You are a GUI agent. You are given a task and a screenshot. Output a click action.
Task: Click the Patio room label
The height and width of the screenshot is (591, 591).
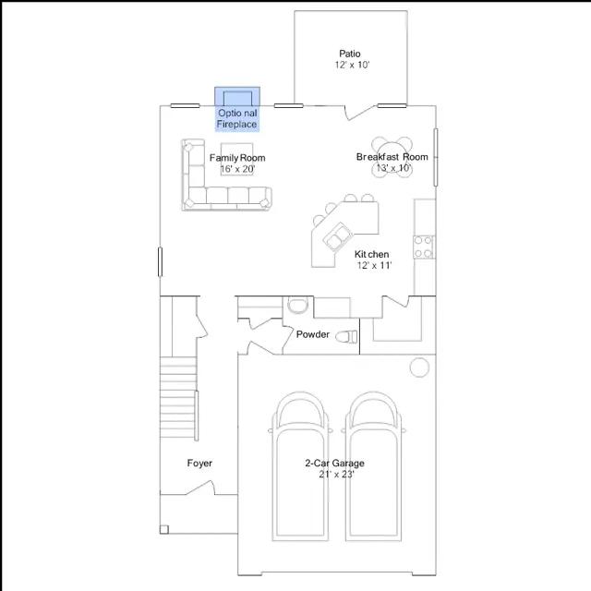click(x=350, y=54)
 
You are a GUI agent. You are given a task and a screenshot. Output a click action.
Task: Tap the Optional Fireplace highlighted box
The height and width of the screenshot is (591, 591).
click(x=237, y=109)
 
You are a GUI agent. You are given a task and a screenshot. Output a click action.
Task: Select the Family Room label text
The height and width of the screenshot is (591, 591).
click(x=237, y=158)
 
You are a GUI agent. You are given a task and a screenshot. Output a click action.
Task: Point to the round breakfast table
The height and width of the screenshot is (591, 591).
click(x=392, y=155)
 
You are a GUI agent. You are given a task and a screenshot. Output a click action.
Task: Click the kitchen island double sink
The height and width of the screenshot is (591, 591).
click(x=338, y=236)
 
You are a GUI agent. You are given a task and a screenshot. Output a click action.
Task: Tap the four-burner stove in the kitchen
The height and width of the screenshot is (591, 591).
click(x=424, y=247)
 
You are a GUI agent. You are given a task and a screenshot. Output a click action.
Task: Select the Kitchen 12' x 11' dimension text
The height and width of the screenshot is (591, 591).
click(x=374, y=265)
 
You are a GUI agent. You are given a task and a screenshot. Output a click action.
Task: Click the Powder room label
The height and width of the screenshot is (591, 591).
click(x=312, y=334)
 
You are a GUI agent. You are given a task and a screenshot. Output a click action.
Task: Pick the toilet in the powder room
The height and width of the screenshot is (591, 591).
click(x=346, y=336)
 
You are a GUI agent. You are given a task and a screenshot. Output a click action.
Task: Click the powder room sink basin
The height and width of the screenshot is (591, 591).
click(x=297, y=305)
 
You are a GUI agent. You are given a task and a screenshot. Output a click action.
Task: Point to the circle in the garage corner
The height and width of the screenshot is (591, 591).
click(x=419, y=367)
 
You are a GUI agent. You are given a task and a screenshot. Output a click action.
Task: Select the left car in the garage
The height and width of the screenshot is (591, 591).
click(x=300, y=466)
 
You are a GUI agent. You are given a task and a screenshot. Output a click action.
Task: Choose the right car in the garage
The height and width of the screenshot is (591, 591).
click(x=373, y=466)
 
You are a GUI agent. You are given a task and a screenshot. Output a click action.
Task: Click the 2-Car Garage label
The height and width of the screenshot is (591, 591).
click(x=334, y=463)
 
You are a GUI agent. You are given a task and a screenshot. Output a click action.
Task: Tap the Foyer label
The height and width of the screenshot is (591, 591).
click(x=199, y=463)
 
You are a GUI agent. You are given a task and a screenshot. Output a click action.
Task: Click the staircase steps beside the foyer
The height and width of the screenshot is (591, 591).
click(x=178, y=397)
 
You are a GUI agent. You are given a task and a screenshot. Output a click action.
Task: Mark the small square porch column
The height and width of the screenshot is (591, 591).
click(x=164, y=529)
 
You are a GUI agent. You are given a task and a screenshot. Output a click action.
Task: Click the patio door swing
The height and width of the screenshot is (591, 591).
click(x=360, y=113)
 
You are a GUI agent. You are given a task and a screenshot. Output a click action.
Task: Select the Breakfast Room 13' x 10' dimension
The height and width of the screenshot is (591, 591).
click(x=393, y=168)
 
